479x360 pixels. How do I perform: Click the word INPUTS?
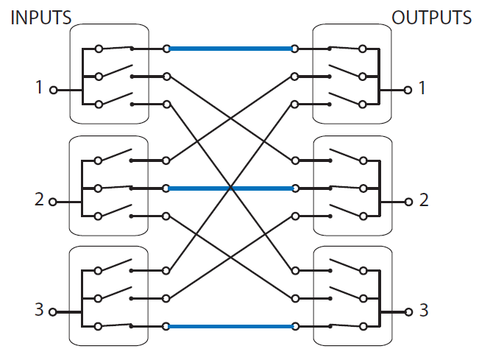[x=40, y=17]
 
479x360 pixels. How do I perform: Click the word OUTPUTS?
[x=431, y=17]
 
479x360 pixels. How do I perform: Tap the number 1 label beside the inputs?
[x=39, y=88]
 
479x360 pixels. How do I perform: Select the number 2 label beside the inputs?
[x=39, y=200]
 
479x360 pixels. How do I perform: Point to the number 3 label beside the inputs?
[x=39, y=310]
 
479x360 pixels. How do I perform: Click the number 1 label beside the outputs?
[x=422, y=88]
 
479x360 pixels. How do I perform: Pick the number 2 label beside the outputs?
[x=422, y=200]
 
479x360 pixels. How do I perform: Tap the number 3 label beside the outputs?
[x=422, y=310]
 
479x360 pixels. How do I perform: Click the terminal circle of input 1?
[x=52, y=91]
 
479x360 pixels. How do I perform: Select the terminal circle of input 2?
[x=52, y=201]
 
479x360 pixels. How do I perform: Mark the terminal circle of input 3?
[x=52, y=312]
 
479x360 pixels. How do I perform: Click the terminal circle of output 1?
[x=408, y=91]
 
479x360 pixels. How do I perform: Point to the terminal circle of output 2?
[x=408, y=201]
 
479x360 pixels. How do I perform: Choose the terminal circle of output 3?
[x=408, y=312]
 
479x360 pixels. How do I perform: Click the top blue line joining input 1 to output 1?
[x=230, y=49]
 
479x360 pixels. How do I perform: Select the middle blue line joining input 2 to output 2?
[x=230, y=188]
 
